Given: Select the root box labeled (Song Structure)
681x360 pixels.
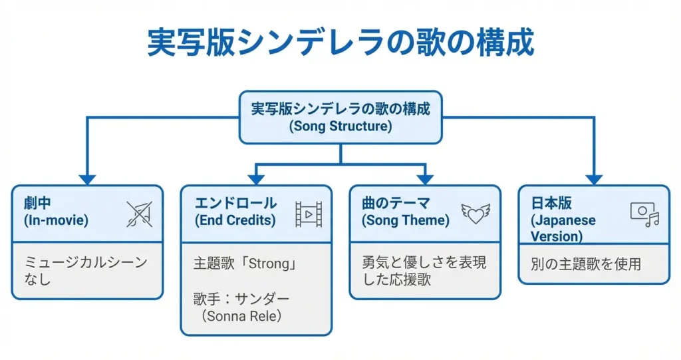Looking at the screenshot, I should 340,117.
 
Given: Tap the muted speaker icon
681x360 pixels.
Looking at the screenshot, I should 140,214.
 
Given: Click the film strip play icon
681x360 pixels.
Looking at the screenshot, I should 309,214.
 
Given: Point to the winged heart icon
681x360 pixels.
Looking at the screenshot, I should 476,214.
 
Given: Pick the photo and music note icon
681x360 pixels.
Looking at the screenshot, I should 644,213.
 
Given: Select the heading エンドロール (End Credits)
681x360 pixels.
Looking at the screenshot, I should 235,212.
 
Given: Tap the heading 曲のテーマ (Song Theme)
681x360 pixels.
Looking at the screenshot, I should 405,212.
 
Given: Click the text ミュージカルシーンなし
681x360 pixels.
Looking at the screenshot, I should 86,271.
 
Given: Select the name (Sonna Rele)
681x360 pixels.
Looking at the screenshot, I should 245,316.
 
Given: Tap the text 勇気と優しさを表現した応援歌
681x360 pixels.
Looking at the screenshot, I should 420,271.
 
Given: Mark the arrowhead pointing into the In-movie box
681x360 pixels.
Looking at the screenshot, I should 87,180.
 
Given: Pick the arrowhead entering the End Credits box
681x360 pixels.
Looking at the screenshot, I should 256,180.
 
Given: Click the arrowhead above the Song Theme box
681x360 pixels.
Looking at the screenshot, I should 425,180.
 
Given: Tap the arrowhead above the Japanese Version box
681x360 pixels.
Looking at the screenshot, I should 594,180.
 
